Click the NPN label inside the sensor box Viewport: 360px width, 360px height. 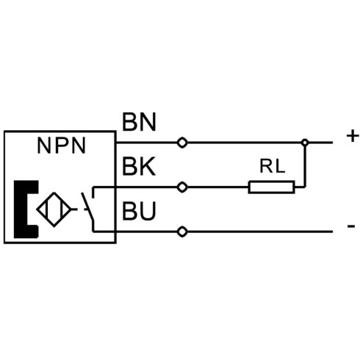(62, 145)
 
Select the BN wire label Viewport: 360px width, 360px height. (139, 122)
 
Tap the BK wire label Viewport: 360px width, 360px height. (139, 167)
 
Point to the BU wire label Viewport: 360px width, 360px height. (139, 211)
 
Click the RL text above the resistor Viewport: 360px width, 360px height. (273, 166)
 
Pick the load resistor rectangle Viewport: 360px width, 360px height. (271, 187)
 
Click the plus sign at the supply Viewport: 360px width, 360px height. (353, 136)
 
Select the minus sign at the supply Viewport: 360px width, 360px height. (351, 226)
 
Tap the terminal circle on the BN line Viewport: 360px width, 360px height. (182, 143)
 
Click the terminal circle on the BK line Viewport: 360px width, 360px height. (182, 187)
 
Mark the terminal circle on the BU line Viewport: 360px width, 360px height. (182, 231)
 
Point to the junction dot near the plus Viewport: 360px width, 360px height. (305, 143)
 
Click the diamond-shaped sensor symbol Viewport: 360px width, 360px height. (54, 209)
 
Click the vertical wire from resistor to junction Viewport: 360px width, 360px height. (305, 167)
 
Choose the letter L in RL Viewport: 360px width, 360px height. (281, 166)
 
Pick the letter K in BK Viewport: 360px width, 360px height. (148, 167)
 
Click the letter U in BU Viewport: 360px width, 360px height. (148, 211)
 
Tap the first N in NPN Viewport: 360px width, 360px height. (44, 145)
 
